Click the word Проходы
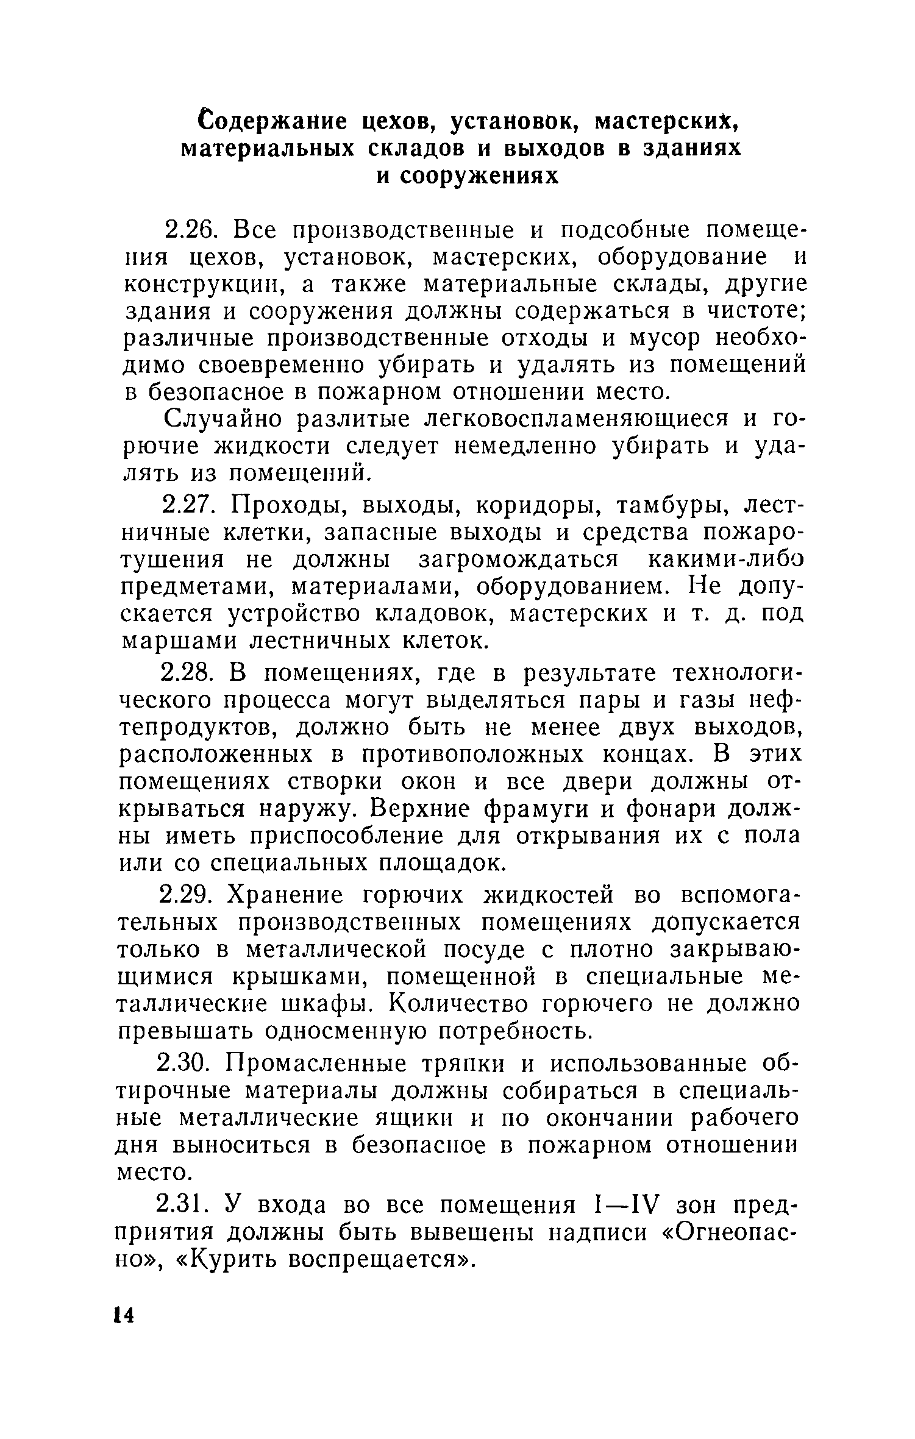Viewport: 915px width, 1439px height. point(282,506)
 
